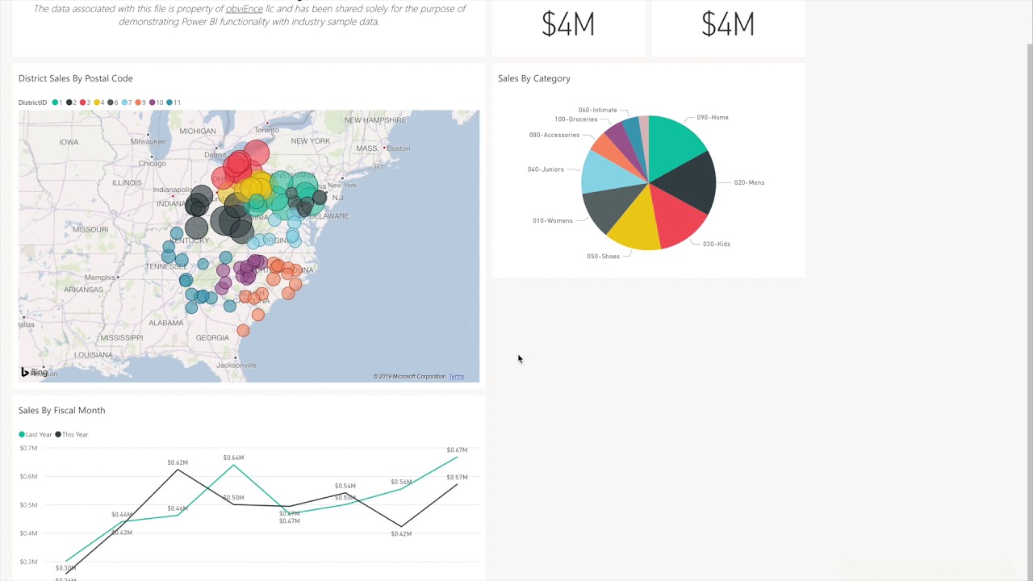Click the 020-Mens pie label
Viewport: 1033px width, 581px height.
[749, 182]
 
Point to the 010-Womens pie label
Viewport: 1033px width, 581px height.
[552, 220]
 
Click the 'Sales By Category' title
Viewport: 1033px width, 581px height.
[533, 78]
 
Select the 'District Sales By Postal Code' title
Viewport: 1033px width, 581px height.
[75, 78]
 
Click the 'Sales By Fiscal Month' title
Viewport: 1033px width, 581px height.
[61, 410]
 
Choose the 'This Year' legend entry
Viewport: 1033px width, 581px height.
[74, 434]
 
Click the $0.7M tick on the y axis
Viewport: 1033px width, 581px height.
[28, 448]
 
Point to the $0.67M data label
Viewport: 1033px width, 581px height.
[457, 449]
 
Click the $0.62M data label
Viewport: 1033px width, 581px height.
[178, 462]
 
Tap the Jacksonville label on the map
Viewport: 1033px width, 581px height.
[236, 365]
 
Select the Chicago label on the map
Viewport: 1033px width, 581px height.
[152, 163]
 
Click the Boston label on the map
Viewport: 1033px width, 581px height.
[398, 148]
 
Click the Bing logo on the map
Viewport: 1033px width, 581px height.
[35, 372]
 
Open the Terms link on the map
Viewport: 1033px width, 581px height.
[456, 377]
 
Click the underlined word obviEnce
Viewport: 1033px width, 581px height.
[244, 8]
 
